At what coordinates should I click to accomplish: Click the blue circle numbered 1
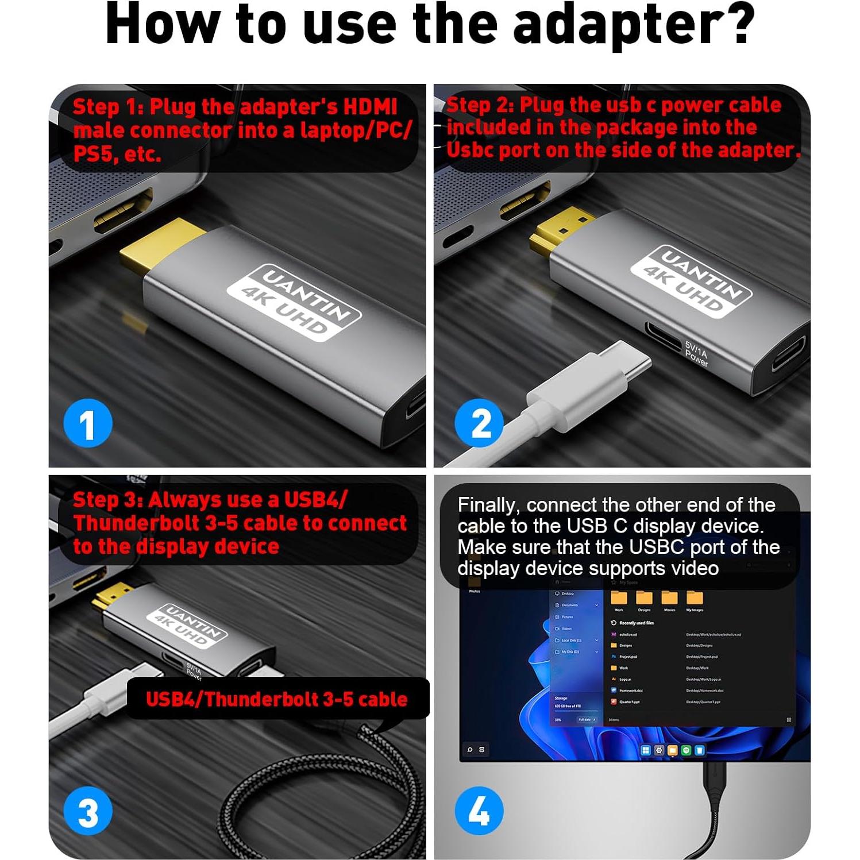tap(87, 423)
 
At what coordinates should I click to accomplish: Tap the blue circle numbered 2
tap(480, 423)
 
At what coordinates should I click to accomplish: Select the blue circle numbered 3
tap(87, 812)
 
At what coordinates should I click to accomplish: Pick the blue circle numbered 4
tap(479, 811)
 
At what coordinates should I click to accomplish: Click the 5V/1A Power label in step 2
tap(696, 354)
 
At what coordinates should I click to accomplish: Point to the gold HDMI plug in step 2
tap(560, 230)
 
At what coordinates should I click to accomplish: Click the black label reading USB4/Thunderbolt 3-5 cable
tap(277, 699)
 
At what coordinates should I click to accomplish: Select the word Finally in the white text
tap(488, 505)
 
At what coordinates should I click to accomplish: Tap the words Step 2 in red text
tap(480, 105)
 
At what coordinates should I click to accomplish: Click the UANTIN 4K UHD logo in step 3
tap(187, 626)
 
